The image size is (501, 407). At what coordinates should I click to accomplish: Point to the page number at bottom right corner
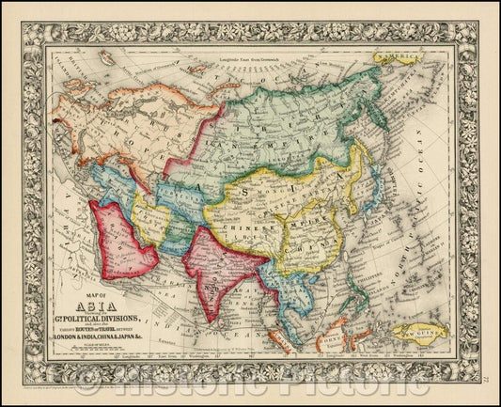click(483, 380)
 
